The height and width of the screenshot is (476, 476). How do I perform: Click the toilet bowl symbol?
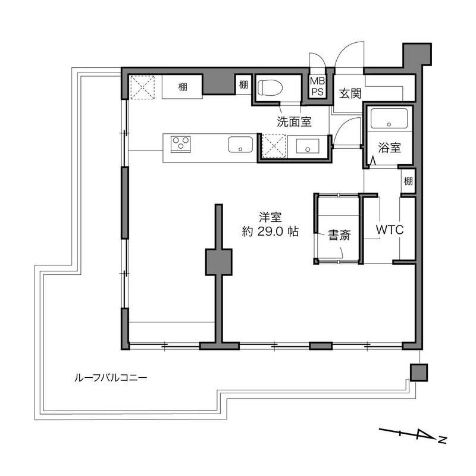click(x=271, y=88)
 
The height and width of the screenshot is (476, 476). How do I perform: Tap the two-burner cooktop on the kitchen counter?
click(x=181, y=143)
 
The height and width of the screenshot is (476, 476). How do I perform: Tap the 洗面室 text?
click(x=294, y=123)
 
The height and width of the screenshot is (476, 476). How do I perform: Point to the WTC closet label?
click(x=390, y=230)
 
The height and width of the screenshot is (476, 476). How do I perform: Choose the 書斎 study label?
click(x=339, y=236)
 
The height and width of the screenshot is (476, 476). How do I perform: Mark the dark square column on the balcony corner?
click(x=418, y=372)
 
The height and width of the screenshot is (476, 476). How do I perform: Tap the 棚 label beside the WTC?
click(x=408, y=181)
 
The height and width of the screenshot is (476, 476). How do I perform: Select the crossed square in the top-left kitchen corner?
click(x=143, y=87)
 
